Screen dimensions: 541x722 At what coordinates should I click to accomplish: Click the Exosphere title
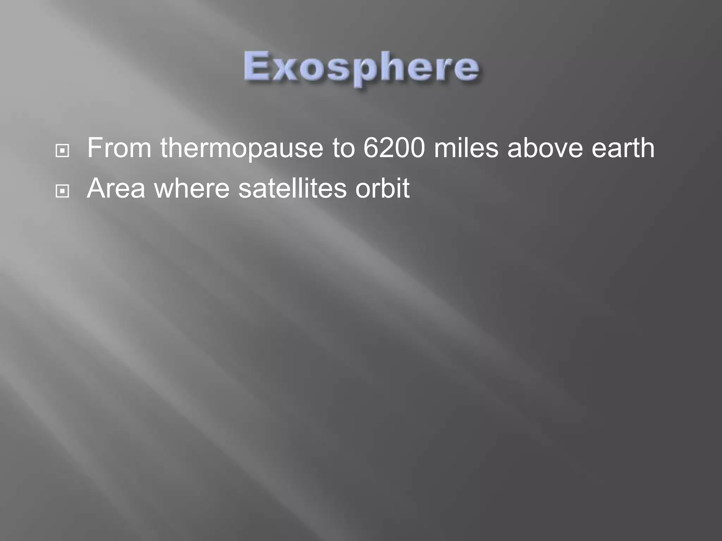coord(361,68)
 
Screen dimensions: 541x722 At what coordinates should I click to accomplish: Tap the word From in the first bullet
coord(119,148)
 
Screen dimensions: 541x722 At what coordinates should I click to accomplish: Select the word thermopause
coord(242,149)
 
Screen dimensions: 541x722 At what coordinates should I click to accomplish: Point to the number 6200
coord(394,148)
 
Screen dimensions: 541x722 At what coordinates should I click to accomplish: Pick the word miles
coord(466,148)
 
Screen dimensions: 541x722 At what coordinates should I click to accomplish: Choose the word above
coord(545,148)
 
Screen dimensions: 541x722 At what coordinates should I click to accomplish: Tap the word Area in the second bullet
coord(116,188)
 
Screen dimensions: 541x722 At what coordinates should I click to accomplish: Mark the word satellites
coord(292,188)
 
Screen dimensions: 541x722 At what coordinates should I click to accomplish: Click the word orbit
coord(382,188)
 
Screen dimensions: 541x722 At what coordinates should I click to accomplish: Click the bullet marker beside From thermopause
coord(62,151)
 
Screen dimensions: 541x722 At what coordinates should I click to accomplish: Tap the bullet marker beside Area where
coord(62,191)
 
